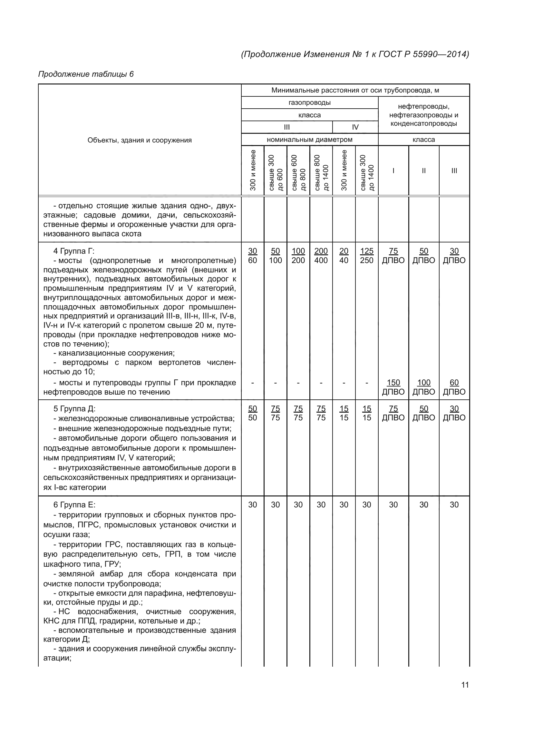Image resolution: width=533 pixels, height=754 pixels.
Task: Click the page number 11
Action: click(465, 685)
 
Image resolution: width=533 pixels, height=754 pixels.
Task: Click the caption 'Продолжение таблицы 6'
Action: click(86, 74)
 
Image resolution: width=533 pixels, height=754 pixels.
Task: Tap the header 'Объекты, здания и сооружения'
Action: click(140, 140)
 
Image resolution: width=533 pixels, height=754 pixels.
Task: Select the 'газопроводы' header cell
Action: click(309, 103)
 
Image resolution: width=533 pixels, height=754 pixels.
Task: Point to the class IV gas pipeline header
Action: click(355, 127)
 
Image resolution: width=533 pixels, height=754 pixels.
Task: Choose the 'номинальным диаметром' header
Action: click(309, 140)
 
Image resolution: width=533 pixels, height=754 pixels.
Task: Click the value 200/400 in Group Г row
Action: click(321, 256)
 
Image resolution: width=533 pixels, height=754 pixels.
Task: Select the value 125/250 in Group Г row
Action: click(367, 256)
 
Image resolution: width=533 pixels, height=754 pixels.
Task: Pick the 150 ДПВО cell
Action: click(393, 387)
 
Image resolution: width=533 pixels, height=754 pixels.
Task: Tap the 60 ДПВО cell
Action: click(454, 387)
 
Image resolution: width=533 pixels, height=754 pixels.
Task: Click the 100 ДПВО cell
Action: click(423, 387)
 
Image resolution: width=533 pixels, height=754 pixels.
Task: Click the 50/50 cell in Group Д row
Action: click(252, 413)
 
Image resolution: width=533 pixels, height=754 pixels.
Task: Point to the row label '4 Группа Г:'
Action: click(73, 251)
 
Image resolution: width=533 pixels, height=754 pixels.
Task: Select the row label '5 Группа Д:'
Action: click(74, 409)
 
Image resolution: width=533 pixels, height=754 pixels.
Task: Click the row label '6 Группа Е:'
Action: click(74, 505)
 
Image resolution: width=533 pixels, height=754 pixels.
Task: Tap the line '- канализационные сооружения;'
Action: click(114, 353)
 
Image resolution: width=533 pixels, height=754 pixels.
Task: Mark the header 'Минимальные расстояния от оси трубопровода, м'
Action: click(355, 90)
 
